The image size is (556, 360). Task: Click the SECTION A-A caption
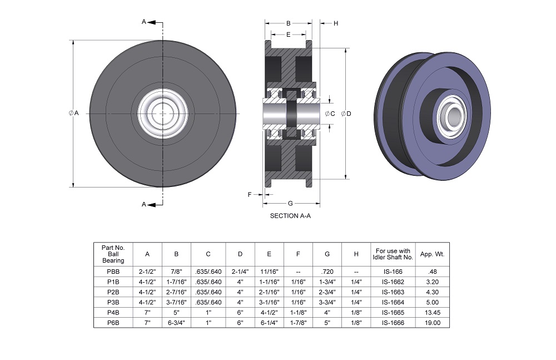point(290,216)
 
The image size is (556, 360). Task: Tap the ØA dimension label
point(74,113)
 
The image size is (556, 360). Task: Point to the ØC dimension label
point(329,114)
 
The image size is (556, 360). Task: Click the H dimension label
point(336,23)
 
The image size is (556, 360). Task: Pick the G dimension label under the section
point(290,203)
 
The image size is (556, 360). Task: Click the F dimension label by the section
point(250,194)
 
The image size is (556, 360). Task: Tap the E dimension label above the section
point(288,34)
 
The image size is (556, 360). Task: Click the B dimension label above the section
point(288,23)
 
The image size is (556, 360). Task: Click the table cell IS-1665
point(393,312)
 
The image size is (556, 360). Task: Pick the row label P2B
point(113,292)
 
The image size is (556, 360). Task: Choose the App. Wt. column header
point(433,254)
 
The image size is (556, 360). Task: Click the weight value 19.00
point(433,322)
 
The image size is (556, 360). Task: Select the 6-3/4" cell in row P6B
point(176,322)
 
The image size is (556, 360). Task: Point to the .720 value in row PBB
point(327,272)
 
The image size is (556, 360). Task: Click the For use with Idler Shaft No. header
point(393,254)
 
